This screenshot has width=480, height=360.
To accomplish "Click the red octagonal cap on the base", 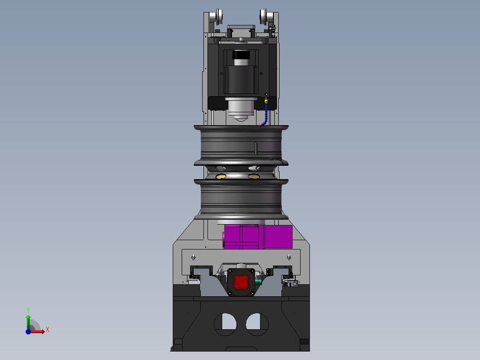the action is tap(241, 282).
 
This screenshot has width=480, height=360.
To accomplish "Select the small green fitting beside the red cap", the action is tap(258, 282).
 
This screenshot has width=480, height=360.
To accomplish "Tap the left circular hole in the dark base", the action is tap(225, 324).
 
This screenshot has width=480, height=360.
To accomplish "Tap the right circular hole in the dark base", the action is tap(257, 324).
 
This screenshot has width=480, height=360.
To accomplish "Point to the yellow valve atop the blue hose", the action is tap(266, 100).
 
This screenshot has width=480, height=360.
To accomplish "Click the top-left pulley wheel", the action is tap(219, 16).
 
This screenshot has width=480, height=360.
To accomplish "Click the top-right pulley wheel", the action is tap(264, 16).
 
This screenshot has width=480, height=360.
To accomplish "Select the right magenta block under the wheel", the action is tap(278, 237).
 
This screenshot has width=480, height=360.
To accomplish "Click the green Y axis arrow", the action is tap(28, 322).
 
